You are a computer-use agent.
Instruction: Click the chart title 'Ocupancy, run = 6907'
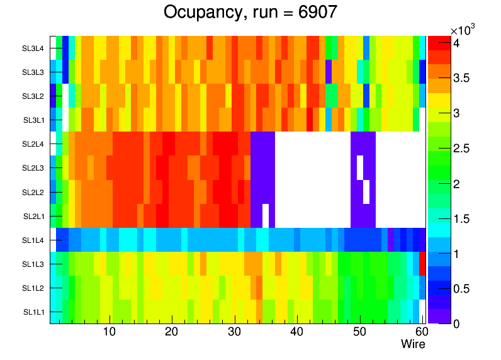[250, 12]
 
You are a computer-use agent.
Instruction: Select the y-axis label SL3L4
[33, 48]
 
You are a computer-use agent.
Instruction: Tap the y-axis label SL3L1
[33, 120]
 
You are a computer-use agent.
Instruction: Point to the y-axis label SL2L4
[33, 144]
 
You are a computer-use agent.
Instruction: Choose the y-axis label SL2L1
[33, 217]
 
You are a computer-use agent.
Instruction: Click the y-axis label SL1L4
[33, 240]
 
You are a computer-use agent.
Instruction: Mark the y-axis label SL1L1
[33, 312]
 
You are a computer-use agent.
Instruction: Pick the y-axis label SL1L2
[33, 288]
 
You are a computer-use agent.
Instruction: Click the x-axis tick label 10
[109, 332]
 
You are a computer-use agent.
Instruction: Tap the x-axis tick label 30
[234, 332]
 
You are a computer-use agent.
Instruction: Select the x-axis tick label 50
[359, 332]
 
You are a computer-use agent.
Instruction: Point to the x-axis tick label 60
[421, 332]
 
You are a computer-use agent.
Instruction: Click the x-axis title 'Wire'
[414, 344]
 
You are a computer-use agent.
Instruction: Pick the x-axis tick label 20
[171, 332]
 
